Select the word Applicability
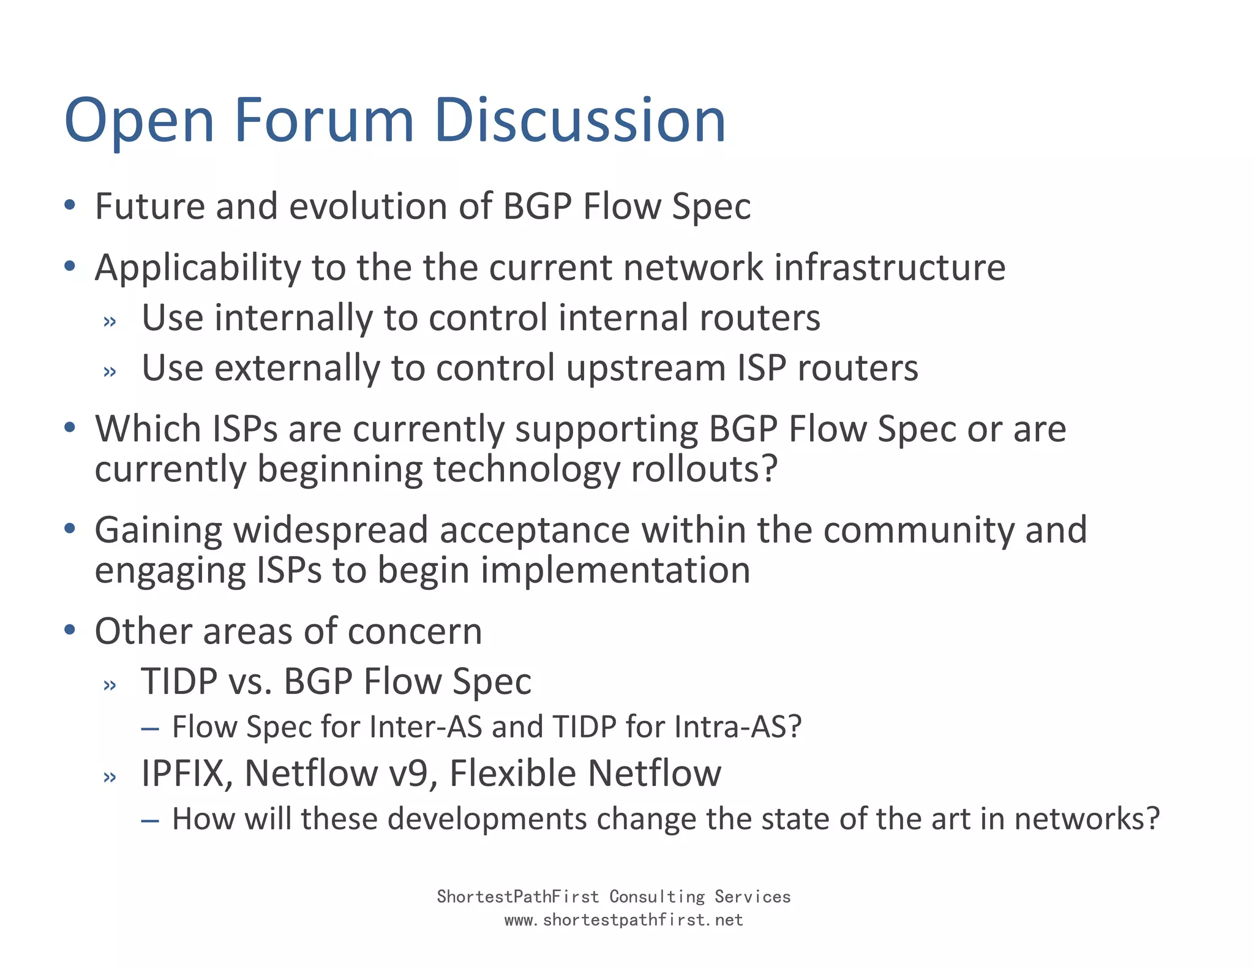tap(197, 268)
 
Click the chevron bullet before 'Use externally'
tap(110, 371)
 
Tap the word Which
tap(148, 429)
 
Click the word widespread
tap(331, 530)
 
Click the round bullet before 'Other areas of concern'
tap(70, 630)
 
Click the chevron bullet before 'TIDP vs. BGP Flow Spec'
tap(110, 685)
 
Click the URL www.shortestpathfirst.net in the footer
tap(623, 920)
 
